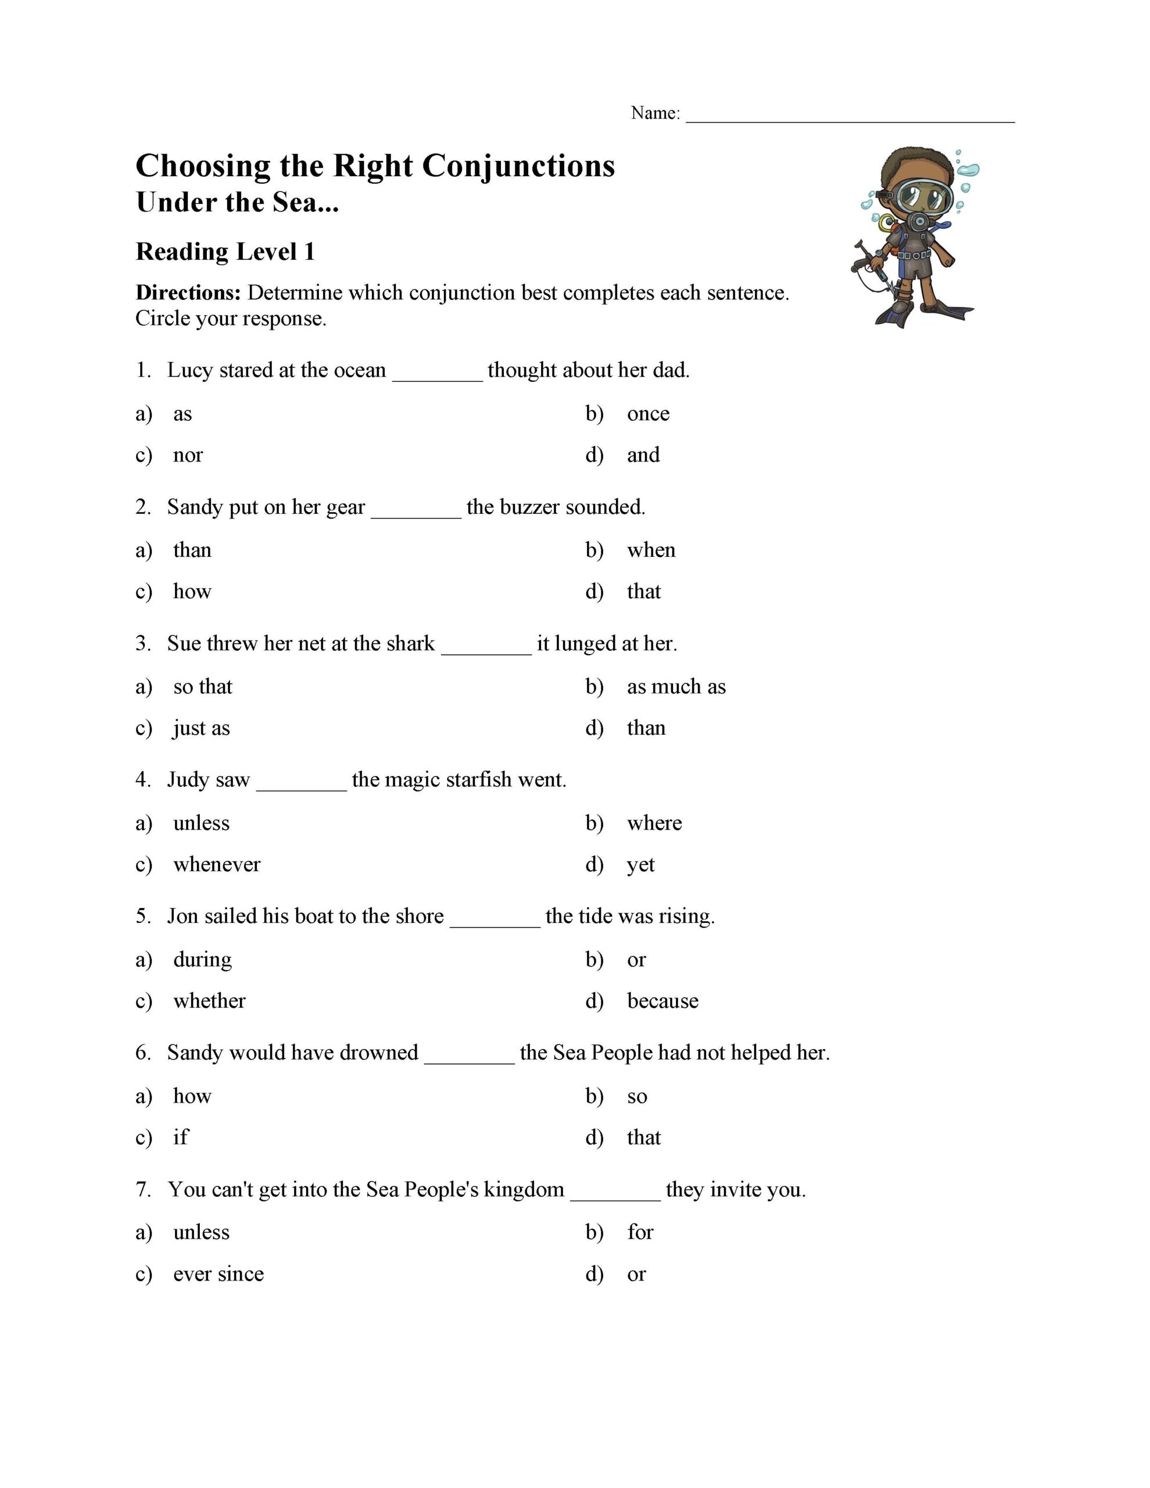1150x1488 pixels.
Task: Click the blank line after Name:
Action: coord(850,117)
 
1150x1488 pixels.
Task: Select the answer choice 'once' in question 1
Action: coord(648,414)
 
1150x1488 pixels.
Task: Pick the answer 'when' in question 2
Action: coord(651,550)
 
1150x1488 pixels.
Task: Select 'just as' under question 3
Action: coord(201,728)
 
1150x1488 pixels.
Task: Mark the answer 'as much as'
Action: coord(676,687)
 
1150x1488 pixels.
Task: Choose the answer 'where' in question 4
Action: coord(654,823)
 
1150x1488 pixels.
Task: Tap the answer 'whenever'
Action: coord(217,864)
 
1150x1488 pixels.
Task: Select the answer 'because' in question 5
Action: coord(662,1001)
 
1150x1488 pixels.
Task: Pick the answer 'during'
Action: coord(202,960)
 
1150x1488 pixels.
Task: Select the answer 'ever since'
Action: coord(218,1274)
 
